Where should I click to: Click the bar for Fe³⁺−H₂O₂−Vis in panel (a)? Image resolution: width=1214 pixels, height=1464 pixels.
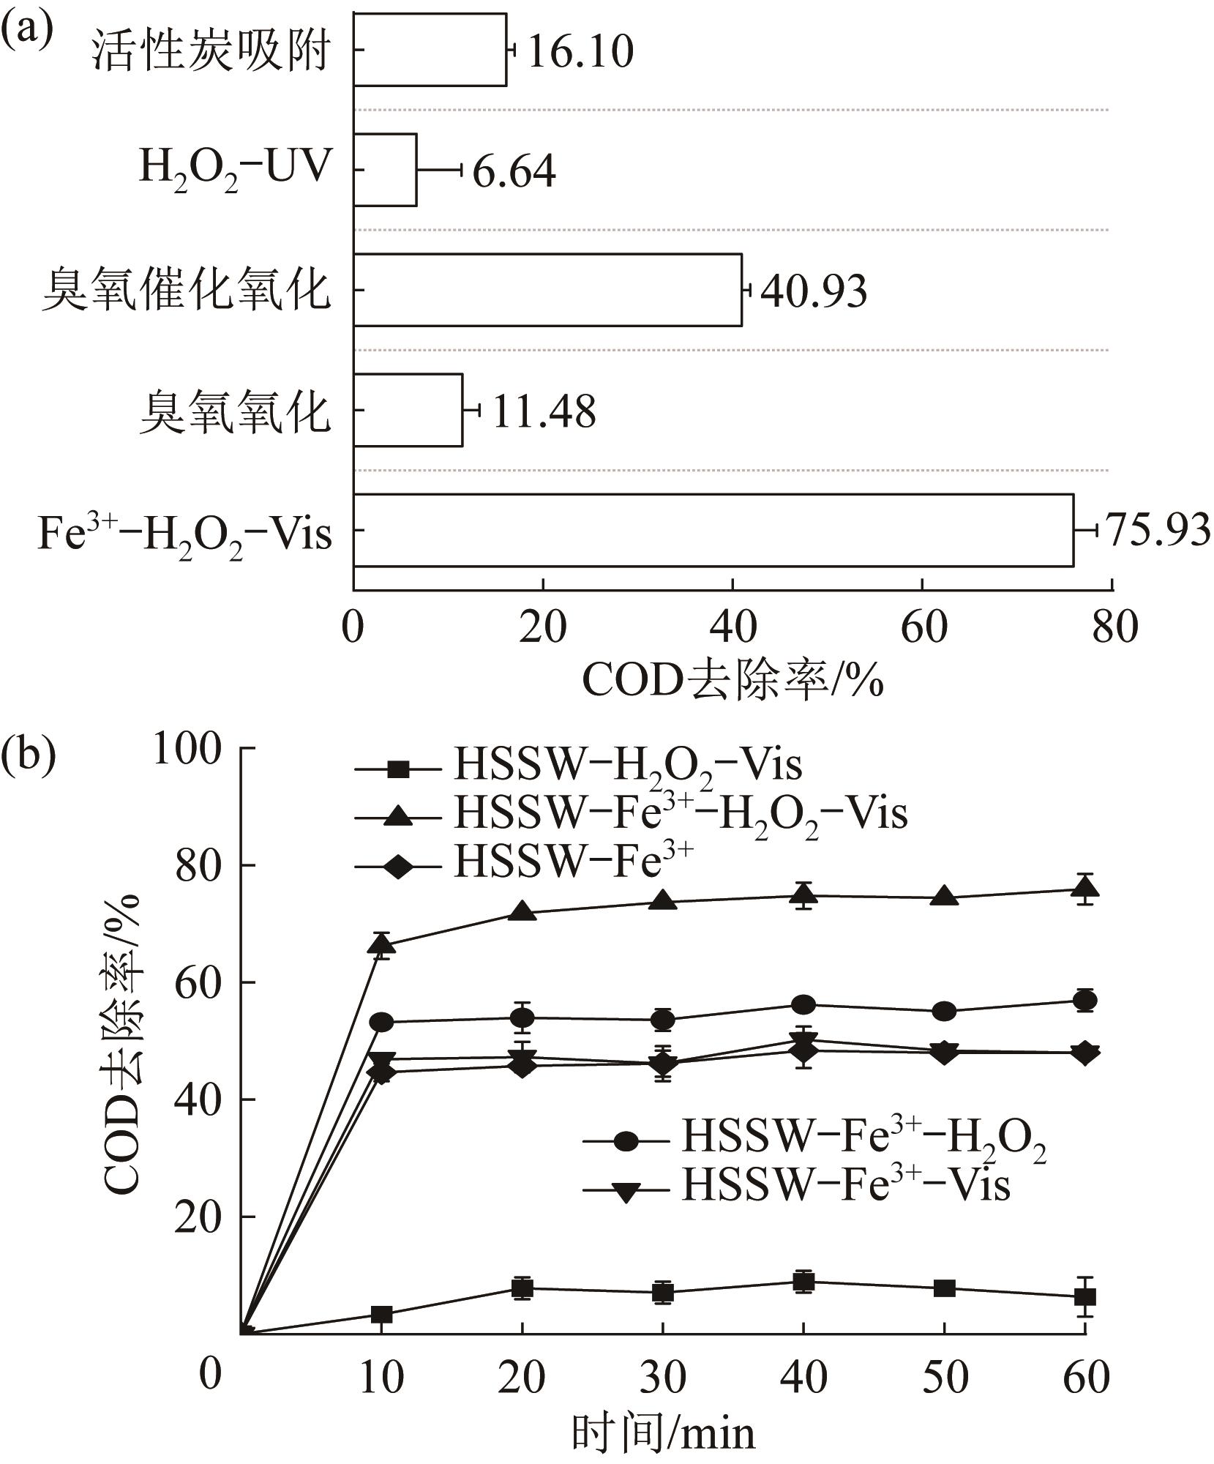click(x=713, y=530)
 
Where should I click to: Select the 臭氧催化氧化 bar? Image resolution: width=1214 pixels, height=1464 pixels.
click(x=547, y=290)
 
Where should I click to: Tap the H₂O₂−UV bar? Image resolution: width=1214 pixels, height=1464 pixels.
click(x=385, y=170)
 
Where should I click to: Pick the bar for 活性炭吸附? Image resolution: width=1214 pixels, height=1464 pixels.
click(x=430, y=50)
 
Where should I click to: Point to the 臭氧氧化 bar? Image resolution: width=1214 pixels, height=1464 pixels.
click(x=408, y=410)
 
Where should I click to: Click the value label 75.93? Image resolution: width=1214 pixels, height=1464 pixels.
click(x=1157, y=530)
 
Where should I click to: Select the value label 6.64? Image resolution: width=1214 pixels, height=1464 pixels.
click(x=514, y=171)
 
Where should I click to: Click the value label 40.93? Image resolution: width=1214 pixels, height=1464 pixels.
click(x=814, y=291)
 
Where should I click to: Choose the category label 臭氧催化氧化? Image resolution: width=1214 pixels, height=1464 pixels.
click(x=186, y=291)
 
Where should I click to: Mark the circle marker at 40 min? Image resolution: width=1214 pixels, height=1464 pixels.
click(x=803, y=1004)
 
